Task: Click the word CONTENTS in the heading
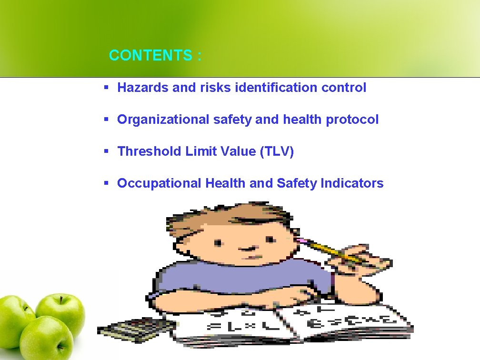click(150, 56)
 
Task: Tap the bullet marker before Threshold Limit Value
click(107, 151)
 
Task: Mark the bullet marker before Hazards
click(107, 88)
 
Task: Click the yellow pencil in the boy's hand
click(333, 252)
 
